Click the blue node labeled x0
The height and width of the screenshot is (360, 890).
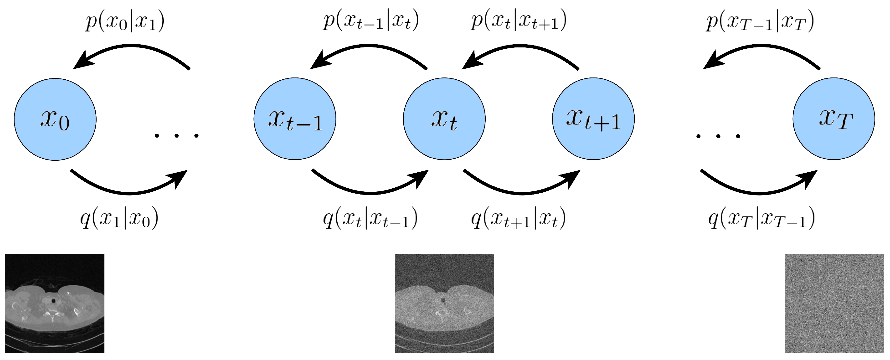55,119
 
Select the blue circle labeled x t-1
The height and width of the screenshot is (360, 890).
295,119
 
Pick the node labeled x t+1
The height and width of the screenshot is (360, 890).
593,119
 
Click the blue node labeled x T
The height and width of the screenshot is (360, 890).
834,119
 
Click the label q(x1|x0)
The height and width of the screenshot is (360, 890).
119,218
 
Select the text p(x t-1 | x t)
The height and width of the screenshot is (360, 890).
371,21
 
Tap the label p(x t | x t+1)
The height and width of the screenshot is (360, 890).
519,21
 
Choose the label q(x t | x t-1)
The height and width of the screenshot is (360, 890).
370,218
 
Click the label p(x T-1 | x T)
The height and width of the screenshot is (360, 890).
760,21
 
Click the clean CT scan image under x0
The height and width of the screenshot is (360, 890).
55,303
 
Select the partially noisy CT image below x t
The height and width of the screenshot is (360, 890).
444,303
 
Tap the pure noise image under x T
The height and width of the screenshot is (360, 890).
834,303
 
